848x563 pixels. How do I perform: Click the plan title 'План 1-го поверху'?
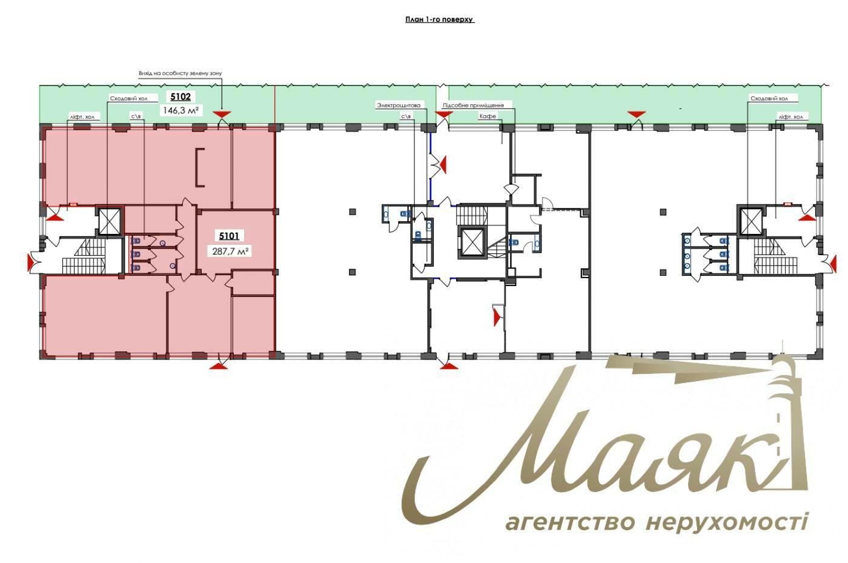[x=440, y=19]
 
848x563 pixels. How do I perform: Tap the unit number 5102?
[x=181, y=96]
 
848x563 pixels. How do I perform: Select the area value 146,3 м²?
[x=181, y=111]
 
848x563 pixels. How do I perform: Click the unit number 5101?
[x=229, y=236]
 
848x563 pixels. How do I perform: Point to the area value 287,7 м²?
[x=230, y=251]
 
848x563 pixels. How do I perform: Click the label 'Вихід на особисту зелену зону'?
[x=181, y=73]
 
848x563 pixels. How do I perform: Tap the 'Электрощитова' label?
[x=399, y=105]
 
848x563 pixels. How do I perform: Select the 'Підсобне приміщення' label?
[x=473, y=105]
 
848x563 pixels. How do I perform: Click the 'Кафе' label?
[x=488, y=116]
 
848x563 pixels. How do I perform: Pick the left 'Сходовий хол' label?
[x=129, y=99]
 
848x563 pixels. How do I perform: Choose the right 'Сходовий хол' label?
[x=770, y=99]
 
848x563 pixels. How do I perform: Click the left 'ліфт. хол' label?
[x=82, y=117]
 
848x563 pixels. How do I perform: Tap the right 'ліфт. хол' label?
[x=790, y=117]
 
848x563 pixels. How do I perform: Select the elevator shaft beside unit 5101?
[x=108, y=221]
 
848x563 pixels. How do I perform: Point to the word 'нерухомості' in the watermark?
[x=727, y=522]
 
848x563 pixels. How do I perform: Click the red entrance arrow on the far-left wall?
[x=30, y=262]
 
